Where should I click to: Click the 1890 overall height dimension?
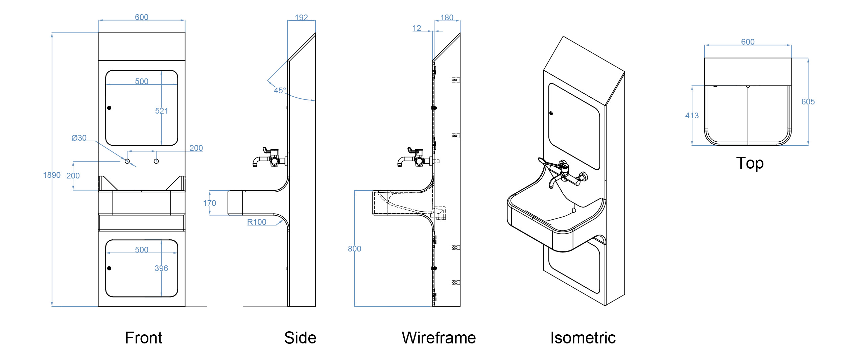(52, 175)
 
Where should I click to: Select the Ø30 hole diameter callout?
(79, 138)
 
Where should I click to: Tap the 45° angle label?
(280, 91)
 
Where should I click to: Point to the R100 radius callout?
(257, 222)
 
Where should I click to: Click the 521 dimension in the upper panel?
(162, 111)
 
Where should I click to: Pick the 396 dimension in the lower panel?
(161, 268)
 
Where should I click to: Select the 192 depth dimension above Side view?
(301, 18)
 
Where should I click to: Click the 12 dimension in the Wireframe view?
(417, 28)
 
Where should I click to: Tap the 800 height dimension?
(354, 249)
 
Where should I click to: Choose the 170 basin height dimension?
(209, 203)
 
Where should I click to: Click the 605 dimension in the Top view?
(808, 102)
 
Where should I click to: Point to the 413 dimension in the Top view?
(692, 116)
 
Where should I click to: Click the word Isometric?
(583, 338)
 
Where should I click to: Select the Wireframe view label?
(439, 338)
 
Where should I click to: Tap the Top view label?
(750, 163)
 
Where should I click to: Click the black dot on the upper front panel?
(109, 108)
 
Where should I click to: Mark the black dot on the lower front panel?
(109, 268)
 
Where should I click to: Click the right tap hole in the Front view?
(156, 161)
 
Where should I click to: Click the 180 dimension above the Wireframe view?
(447, 18)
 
